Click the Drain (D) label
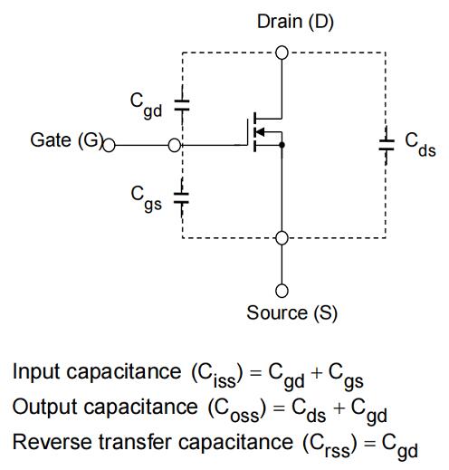pos(295,23)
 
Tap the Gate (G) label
pos(67,140)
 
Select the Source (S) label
pos(291,313)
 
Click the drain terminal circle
pos(282,53)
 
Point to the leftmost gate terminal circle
pos(109,145)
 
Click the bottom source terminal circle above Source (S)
pos(282,291)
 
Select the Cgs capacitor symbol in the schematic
pos(181,197)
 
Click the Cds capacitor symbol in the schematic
pos(387,145)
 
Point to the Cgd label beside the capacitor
pos(146,105)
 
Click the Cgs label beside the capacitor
pos(147,197)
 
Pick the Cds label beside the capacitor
pos(420,145)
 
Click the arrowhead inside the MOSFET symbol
pos(260,132)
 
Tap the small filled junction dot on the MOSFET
pos(282,145)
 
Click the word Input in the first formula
pos(36,372)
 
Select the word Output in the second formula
pos(44,407)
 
